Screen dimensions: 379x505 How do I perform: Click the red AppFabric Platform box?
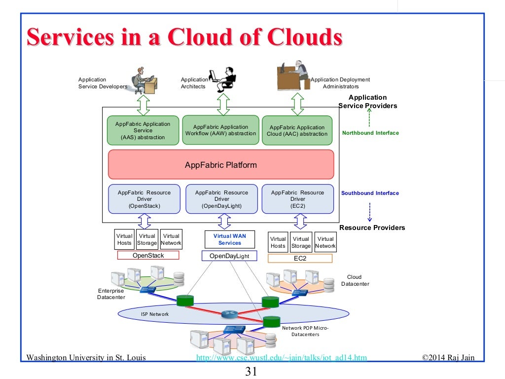pyautogui.click(x=221, y=165)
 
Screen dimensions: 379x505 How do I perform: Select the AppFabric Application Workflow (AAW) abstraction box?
pyautogui.click(x=220, y=130)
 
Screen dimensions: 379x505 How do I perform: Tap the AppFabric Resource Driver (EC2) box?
pyautogui.click(x=297, y=199)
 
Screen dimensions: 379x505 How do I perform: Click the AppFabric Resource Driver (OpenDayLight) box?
pyautogui.click(x=221, y=199)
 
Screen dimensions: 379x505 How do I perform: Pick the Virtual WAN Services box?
pyautogui.click(x=230, y=239)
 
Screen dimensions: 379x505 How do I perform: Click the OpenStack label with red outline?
pyautogui.click(x=148, y=256)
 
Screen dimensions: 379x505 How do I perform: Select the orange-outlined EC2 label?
pyautogui.click(x=300, y=258)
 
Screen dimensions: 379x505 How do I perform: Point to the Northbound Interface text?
pyautogui.click(x=370, y=133)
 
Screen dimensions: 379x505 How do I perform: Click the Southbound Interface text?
pyautogui.click(x=370, y=193)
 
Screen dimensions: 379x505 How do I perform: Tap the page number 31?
pyautogui.click(x=252, y=371)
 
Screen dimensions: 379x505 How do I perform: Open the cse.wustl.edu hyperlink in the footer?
pyautogui.click(x=281, y=358)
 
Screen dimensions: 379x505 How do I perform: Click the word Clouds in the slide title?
pyautogui.click(x=304, y=38)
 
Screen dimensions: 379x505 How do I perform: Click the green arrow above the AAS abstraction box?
pyautogui.click(x=144, y=105)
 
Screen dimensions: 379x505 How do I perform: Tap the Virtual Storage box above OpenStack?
pyautogui.click(x=147, y=239)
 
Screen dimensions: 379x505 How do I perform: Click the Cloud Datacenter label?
pyautogui.click(x=355, y=280)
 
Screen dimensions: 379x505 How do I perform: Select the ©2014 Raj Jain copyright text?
pyautogui.click(x=448, y=358)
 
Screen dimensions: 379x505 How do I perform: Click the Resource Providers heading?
pyautogui.click(x=372, y=227)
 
